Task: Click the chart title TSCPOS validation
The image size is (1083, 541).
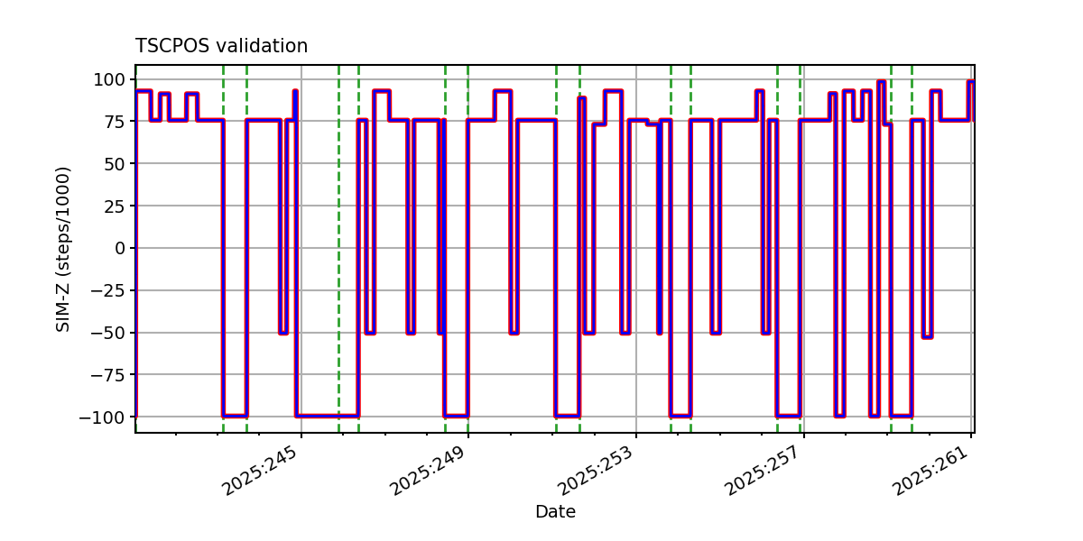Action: tap(221, 46)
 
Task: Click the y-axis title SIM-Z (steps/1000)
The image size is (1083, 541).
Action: tap(63, 249)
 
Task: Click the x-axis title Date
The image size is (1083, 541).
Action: tap(555, 512)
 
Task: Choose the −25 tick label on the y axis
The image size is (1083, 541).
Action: tap(108, 290)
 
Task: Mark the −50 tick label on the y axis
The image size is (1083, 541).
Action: tap(108, 333)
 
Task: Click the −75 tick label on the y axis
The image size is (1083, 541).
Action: tap(108, 375)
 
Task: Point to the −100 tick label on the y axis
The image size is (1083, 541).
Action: tap(104, 417)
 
